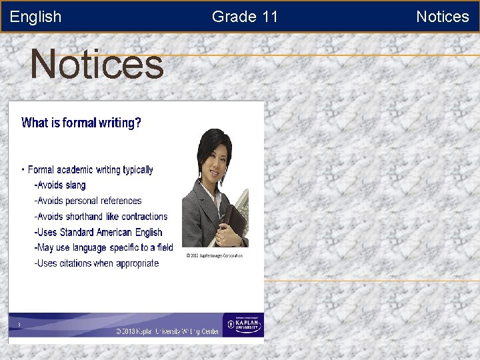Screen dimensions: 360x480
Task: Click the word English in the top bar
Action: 35,17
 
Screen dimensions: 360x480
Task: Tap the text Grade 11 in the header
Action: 245,17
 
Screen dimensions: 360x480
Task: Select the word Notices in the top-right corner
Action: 442,17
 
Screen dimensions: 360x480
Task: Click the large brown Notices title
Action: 97,65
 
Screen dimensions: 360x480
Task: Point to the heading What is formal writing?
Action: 81,123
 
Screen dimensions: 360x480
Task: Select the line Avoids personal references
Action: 88,201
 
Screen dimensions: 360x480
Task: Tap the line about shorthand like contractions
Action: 101,217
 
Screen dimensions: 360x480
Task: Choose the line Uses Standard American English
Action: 98,232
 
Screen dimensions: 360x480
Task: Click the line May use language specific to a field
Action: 103,247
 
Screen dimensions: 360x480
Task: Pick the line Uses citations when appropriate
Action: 97,263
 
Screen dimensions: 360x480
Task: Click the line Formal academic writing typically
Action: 90,170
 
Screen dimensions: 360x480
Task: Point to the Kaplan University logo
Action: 243,325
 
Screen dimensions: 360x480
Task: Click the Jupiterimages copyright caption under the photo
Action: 214,255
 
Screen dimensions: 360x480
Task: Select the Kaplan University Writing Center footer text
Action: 167,331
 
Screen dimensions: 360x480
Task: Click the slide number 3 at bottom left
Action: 19,325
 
